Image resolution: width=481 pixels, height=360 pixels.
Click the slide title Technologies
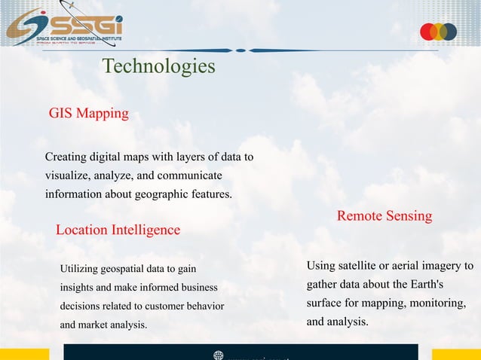(158, 66)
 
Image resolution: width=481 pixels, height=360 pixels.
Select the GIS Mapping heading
(88, 114)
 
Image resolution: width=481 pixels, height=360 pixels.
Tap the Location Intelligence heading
(118, 230)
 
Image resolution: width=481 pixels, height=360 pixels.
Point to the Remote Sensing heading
(384, 216)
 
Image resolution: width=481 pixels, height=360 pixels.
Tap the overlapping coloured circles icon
(438, 32)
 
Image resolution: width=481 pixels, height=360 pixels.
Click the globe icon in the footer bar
(219, 355)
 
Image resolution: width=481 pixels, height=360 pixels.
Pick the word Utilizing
(79, 269)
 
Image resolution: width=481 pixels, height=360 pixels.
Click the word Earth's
(426, 285)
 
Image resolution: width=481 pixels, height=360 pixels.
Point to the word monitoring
(436, 304)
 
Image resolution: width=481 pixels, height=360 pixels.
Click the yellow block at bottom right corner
(456, 354)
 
